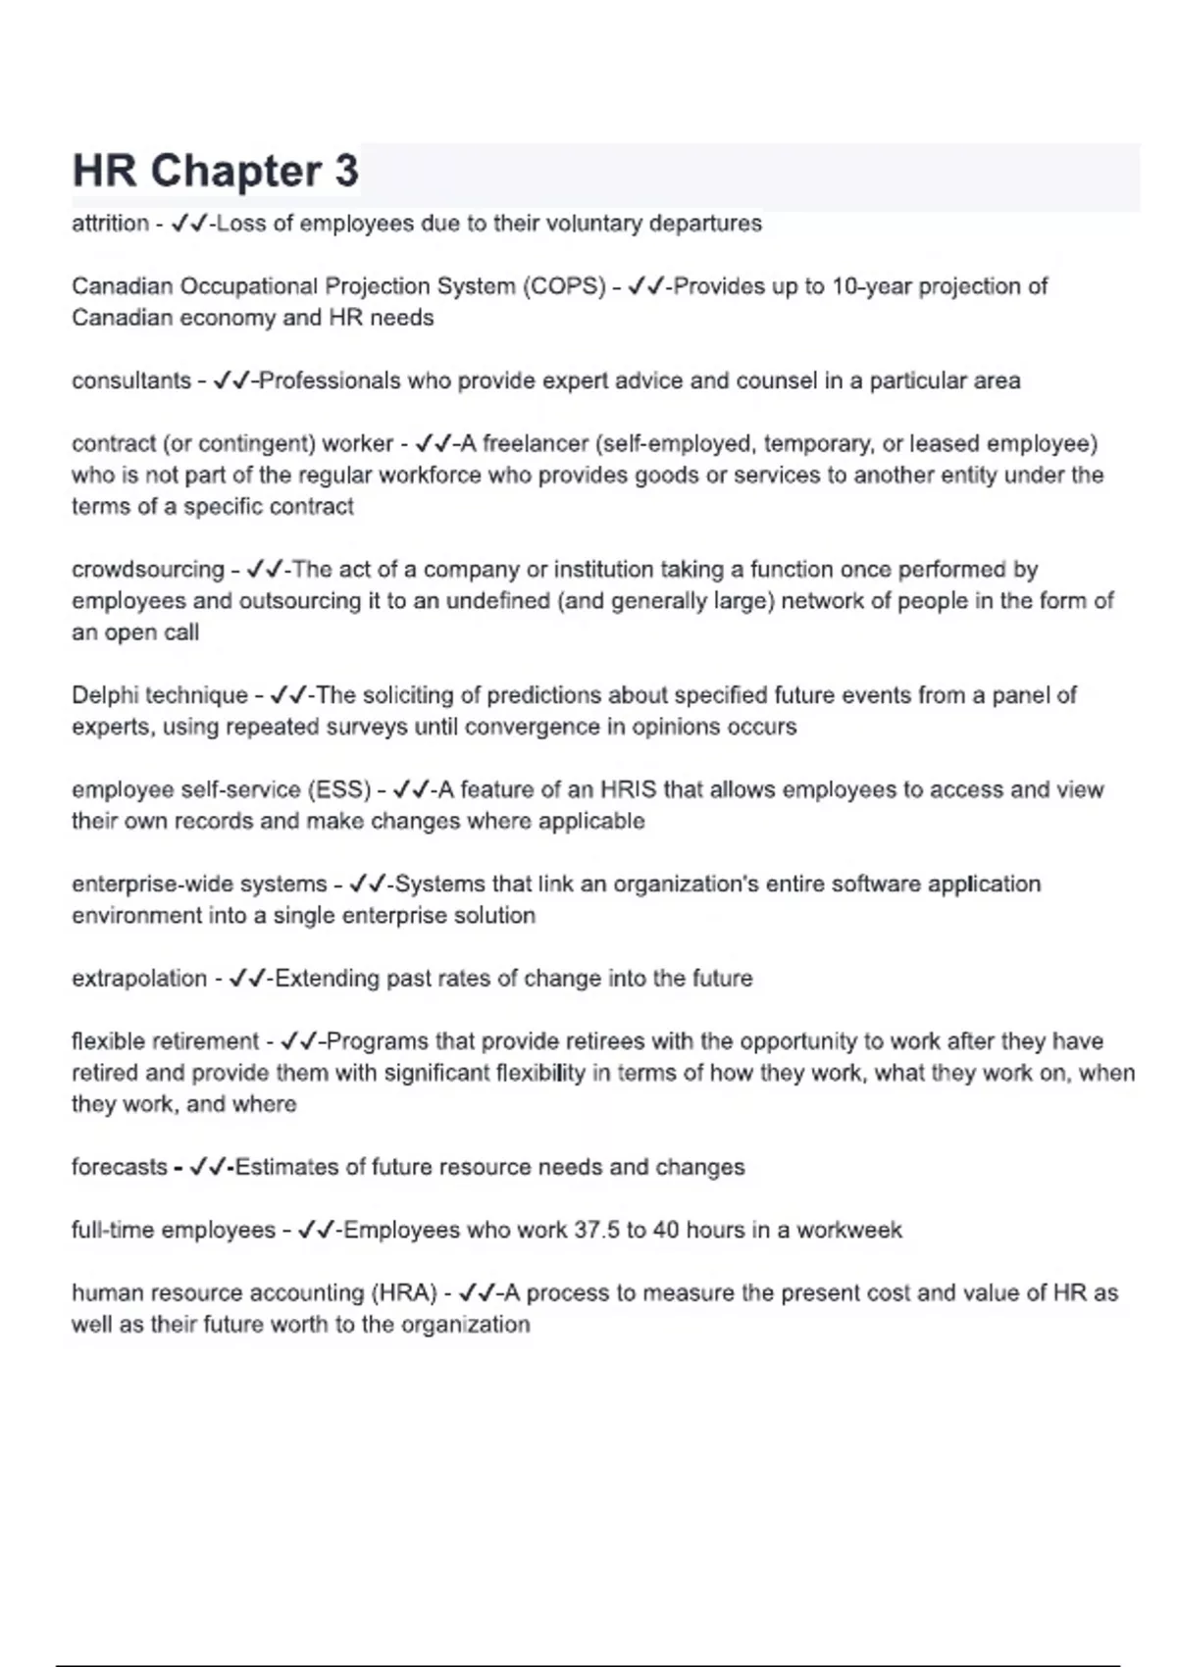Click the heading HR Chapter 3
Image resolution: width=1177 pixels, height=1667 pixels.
tap(216, 171)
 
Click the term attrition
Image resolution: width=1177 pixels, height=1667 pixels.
tap(110, 224)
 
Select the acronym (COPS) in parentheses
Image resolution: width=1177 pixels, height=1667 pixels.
tap(564, 286)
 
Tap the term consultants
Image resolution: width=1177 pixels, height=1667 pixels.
tap(131, 380)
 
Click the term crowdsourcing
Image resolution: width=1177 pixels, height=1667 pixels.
tap(148, 570)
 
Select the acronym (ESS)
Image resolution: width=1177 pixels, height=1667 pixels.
tap(339, 789)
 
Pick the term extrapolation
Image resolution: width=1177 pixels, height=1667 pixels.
tap(139, 979)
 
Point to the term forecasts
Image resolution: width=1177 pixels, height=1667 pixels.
tap(120, 1167)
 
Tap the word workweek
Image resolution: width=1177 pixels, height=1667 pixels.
tap(848, 1230)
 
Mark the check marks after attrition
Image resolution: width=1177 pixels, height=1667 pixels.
tap(188, 224)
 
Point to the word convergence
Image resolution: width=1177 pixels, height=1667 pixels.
tap(530, 727)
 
